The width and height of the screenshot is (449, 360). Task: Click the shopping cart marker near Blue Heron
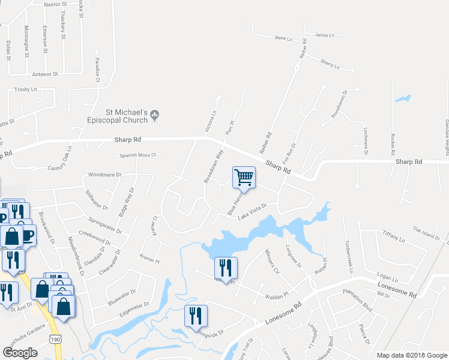click(244, 177)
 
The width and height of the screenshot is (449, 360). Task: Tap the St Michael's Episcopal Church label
click(127, 115)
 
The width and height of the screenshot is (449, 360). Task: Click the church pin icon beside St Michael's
click(155, 113)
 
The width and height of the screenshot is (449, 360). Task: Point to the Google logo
click(20, 353)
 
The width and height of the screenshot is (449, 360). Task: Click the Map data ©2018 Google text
click(412, 355)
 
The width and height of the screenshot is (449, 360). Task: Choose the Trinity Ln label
click(26, 89)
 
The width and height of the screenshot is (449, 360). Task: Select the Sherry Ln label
click(330, 62)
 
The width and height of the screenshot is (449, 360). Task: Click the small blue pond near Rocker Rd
click(403, 98)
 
